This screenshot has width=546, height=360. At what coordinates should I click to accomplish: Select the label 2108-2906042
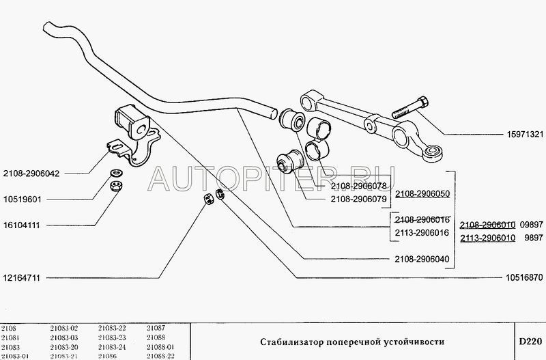31,174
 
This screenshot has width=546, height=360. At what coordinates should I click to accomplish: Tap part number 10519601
23,199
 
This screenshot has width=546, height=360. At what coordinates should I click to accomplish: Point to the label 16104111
22,225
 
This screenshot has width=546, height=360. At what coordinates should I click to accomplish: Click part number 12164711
22,278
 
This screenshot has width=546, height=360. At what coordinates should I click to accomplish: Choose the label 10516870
524,277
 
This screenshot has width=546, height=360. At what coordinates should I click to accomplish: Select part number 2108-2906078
359,186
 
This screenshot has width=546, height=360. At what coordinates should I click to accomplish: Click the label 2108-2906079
359,199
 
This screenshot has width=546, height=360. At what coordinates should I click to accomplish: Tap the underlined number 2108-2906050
422,194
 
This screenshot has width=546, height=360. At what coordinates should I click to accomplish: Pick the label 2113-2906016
422,232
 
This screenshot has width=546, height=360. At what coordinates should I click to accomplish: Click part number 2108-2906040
422,259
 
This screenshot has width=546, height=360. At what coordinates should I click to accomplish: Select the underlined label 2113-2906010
488,238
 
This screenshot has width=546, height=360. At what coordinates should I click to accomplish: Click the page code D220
530,341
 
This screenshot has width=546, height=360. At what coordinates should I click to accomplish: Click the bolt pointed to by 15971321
410,108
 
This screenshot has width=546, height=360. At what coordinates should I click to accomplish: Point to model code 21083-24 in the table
112,347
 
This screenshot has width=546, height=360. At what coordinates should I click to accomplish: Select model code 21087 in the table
156,328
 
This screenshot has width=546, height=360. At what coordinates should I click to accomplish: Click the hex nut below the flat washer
115,186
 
